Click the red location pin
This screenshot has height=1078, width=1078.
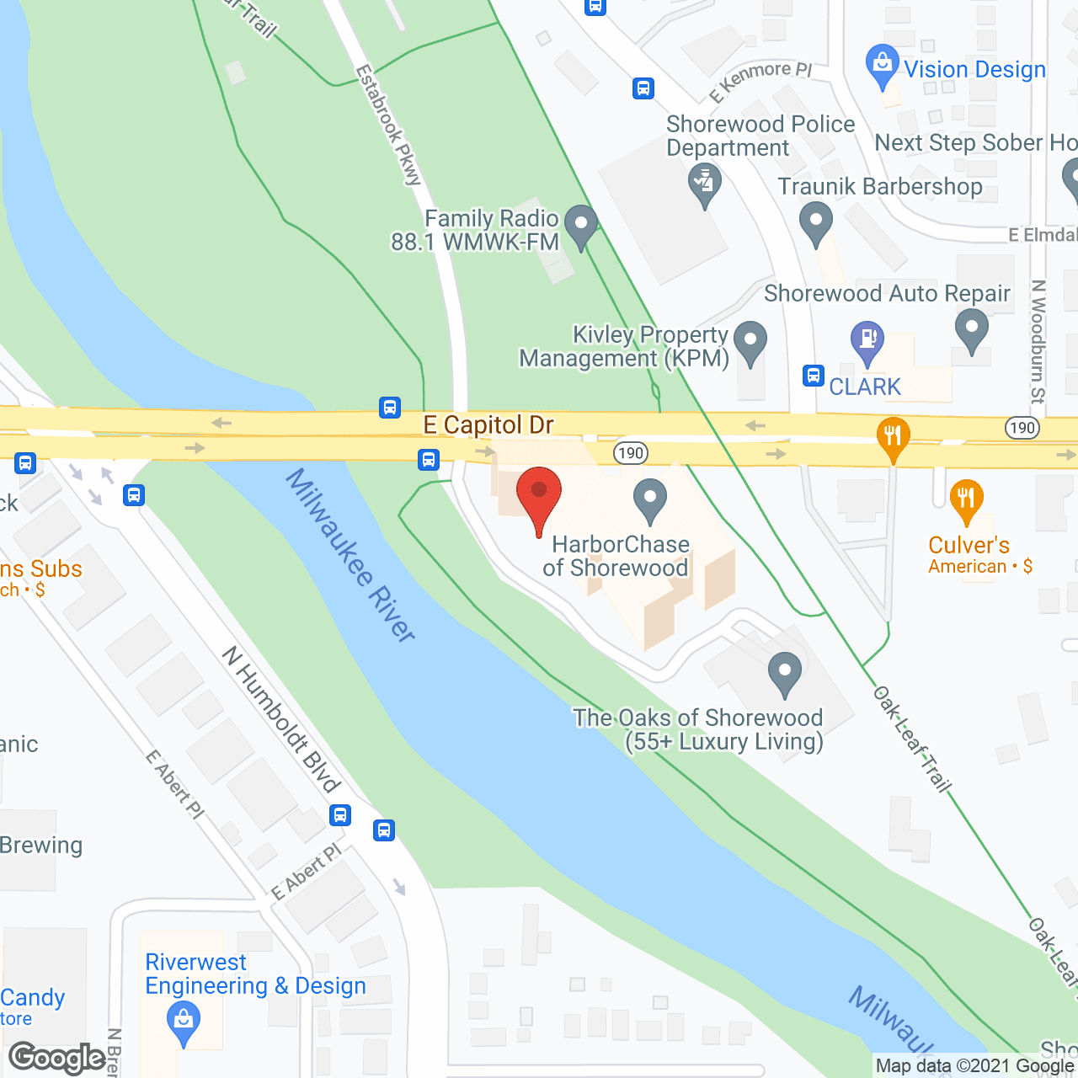[x=539, y=494]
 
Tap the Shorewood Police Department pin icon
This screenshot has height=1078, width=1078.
[x=705, y=183]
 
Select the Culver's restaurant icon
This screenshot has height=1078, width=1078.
[x=966, y=499]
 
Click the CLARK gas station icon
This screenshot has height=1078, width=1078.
[x=867, y=342]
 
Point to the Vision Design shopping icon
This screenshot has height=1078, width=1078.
[x=882, y=65]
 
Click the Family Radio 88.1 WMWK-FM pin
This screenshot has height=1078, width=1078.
[x=580, y=226]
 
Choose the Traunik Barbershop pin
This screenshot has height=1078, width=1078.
[x=815, y=223]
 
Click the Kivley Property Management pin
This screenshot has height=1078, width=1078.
[x=750, y=343]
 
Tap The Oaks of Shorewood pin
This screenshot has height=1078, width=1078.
[x=785, y=673]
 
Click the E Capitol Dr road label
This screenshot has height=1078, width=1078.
[x=488, y=425]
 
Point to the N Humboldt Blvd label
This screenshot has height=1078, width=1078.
[x=280, y=719]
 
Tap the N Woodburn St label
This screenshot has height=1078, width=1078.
[x=1038, y=341]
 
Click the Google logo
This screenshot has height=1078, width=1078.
[x=57, y=1058]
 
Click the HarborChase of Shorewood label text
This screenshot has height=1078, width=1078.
[x=617, y=556]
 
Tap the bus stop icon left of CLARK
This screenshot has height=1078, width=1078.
[x=813, y=375]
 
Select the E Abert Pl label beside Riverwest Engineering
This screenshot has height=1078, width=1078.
[x=307, y=872]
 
